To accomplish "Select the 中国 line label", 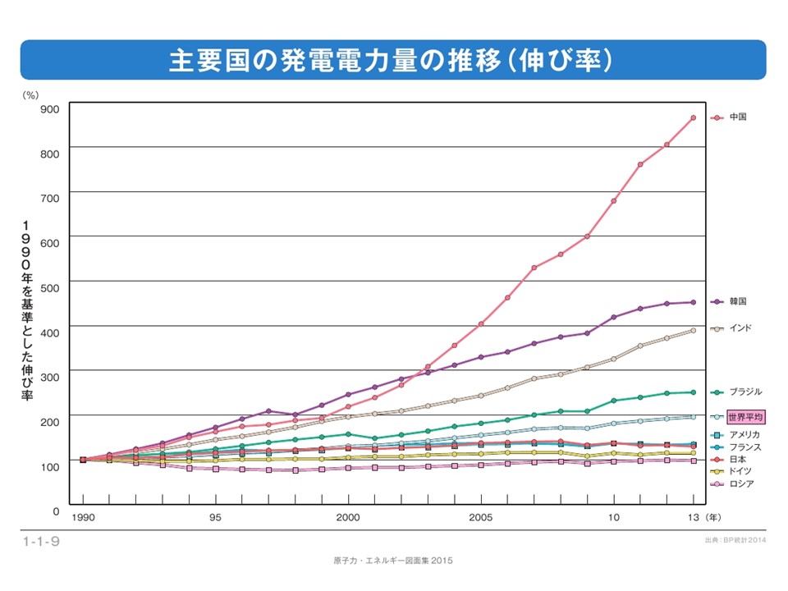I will point(738,117).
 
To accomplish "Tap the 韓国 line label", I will point(738,302).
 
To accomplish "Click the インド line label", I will point(740,328).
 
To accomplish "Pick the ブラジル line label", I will point(745,392).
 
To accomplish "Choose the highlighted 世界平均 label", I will point(745,417).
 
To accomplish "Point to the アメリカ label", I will point(744,434).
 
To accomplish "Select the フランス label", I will point(744,447).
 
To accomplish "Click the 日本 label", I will point(738,459).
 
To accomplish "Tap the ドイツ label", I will point(740,471).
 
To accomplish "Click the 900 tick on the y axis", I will point(49,108).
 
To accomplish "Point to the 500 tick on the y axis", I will point(49,286).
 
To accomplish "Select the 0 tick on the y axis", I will point(55,511).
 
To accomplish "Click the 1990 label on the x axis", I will point(83,518).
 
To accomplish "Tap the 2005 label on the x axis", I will point(481,518).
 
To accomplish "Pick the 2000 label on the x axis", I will point(348,518).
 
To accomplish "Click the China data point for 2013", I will point(694,117).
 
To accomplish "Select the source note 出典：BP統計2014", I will point(735,541).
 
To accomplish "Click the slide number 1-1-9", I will point(41,541).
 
